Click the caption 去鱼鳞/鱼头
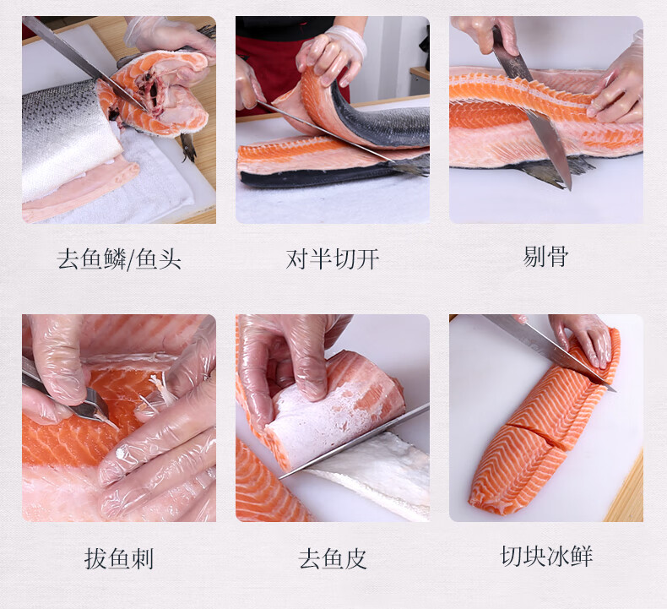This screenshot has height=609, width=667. point(119,258)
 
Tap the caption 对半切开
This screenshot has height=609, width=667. point(332,258)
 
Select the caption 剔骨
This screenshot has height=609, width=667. point(545,256)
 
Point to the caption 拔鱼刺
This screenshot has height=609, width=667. point(119,558)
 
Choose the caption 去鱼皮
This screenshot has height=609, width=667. point(332,558)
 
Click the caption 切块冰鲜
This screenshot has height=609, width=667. point(546,556)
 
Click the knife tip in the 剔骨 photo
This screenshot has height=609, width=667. point(569,188)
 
